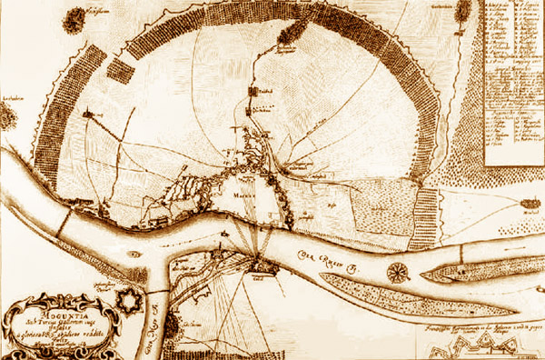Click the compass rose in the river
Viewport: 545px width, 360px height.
coord(397,271)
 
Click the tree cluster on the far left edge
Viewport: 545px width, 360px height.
coord(8,115)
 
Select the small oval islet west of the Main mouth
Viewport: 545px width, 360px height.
coord(134,255)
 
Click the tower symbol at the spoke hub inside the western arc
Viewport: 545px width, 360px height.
coord(90,115)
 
